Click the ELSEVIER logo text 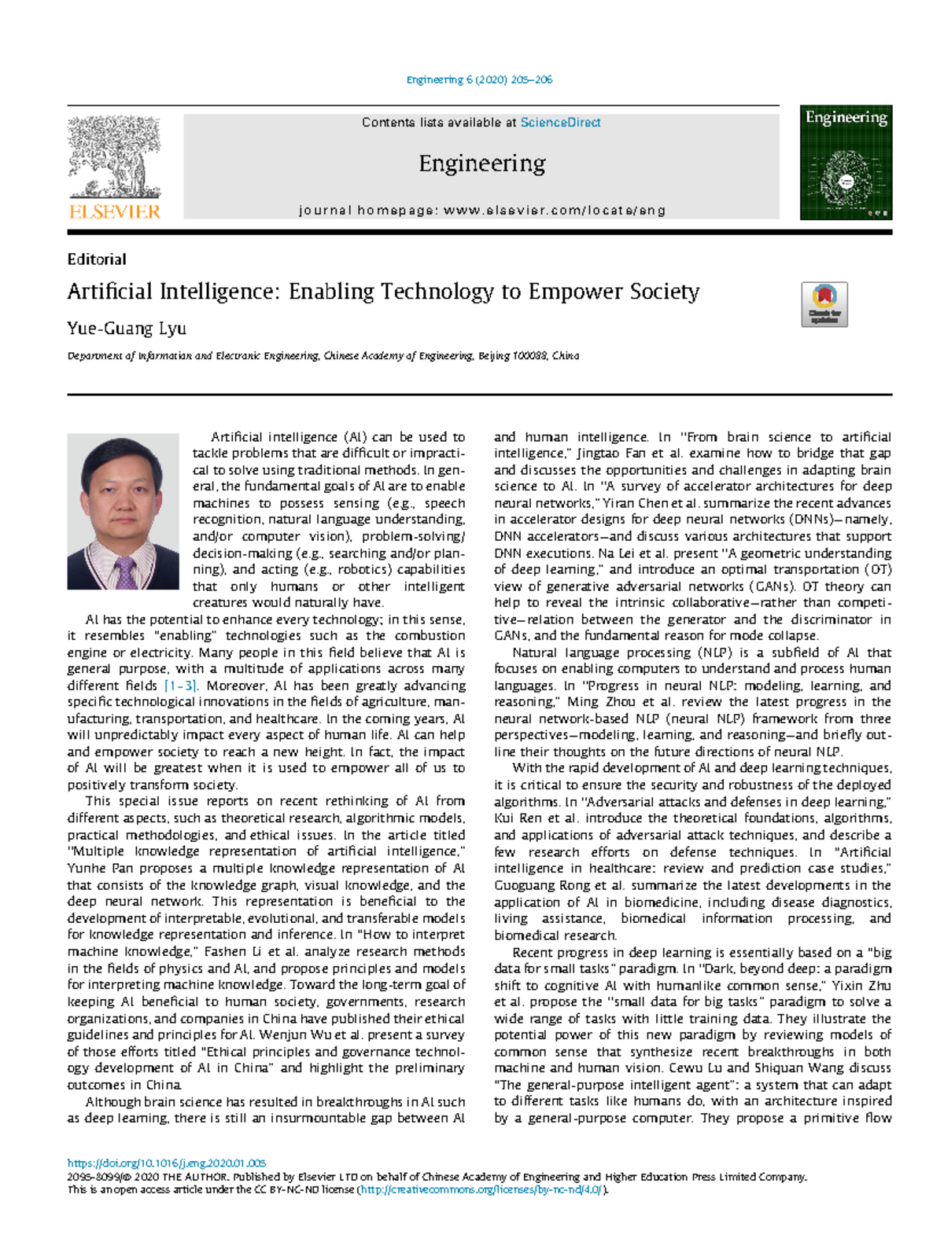[x=115, y=211]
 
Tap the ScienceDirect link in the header [x=560, y=123]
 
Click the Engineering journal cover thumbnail [x=846, y=163]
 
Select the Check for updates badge [x=824, y=304]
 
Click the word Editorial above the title [x=97, y=259]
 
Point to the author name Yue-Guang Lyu [x=127, y=329]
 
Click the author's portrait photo [x=123, y=511]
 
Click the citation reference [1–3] [x=180, y=685]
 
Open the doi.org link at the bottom [x=167, y=1163]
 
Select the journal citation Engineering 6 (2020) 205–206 [x=479, y=79]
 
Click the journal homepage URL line [x=482, y=211]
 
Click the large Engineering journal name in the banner [x=481, y=164]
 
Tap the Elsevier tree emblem [x=115, y=157]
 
